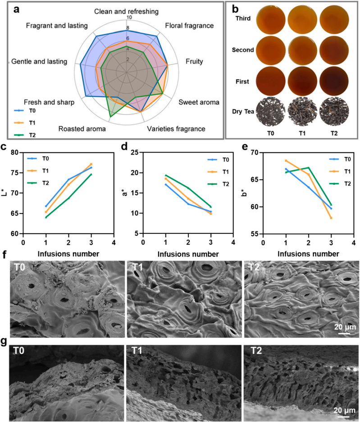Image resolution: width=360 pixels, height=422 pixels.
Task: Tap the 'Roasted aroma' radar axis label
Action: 82,129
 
